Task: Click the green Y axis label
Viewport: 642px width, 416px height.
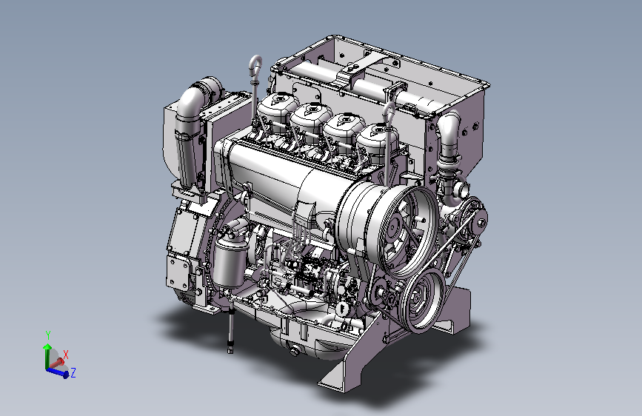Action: point(48,335)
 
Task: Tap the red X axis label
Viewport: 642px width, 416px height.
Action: point(65,355)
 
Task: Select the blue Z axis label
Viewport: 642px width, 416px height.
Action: point(73,372)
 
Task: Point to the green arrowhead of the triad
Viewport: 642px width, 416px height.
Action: point(47,347)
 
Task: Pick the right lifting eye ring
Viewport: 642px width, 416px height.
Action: point(389,112)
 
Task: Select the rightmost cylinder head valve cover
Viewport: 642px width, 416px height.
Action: point(378,139)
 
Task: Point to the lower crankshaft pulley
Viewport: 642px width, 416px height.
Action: point(422,300)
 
